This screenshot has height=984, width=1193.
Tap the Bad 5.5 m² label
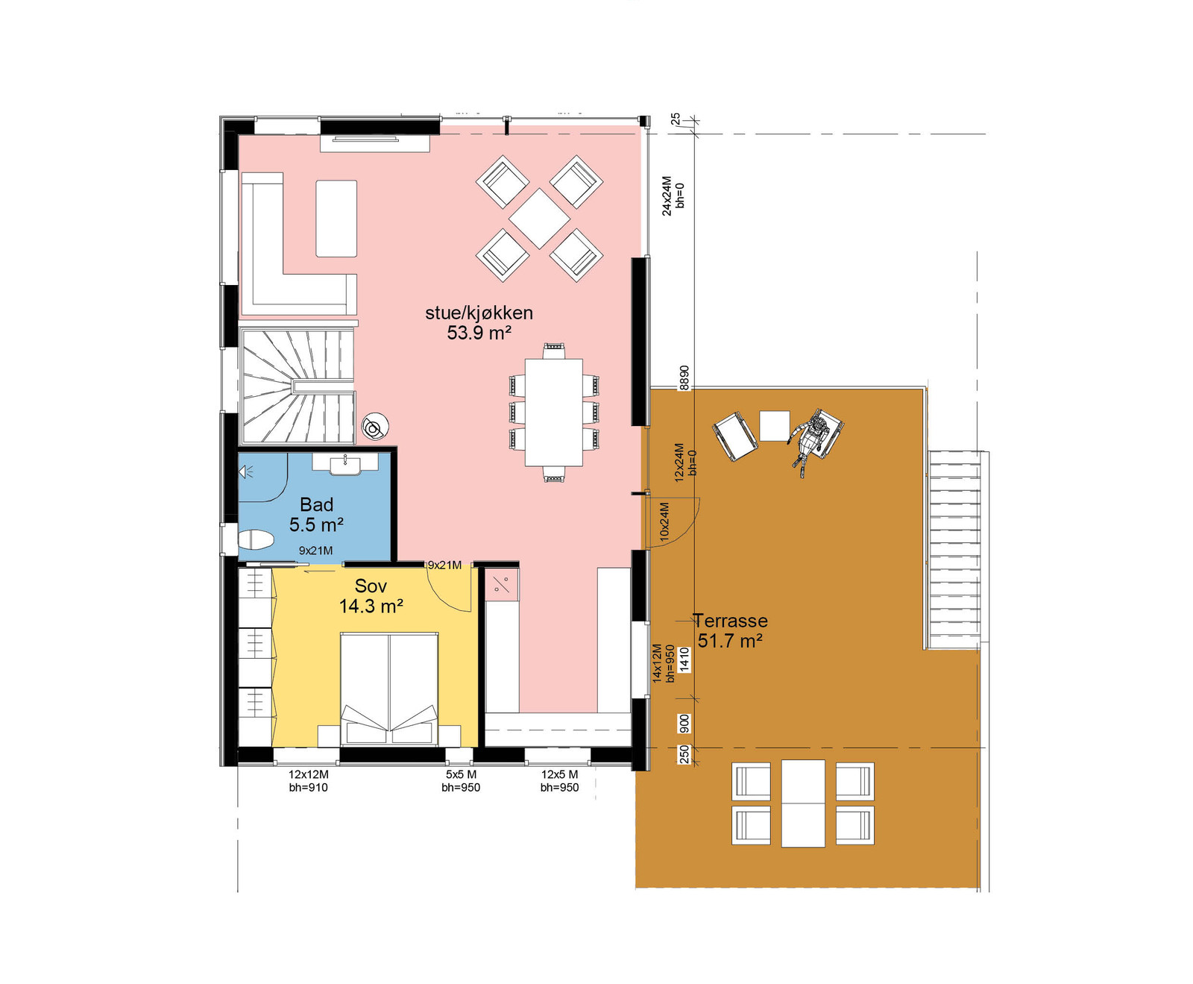coord(316,515)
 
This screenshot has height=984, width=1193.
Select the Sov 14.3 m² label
coord(371,596)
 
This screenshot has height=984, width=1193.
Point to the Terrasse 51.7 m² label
coord(730,630)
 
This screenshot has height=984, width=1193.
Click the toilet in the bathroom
coord(256,539)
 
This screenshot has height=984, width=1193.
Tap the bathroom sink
coord(345,464)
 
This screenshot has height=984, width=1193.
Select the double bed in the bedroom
coord(389,689)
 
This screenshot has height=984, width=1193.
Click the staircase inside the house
coord(298,386)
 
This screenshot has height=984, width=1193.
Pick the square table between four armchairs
coord(540,219)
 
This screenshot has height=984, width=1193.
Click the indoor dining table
coord(553,413)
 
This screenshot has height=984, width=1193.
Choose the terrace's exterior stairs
coord(954,550)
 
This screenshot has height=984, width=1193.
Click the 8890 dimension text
coord(684,377)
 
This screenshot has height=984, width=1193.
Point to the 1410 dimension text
coord(684,660)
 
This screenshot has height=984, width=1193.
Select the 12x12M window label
coord(308,774)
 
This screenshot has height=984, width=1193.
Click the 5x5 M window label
coord(461,774)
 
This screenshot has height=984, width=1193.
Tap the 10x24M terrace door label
coord(664,520)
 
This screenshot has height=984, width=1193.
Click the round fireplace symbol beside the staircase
coord(374,427)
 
